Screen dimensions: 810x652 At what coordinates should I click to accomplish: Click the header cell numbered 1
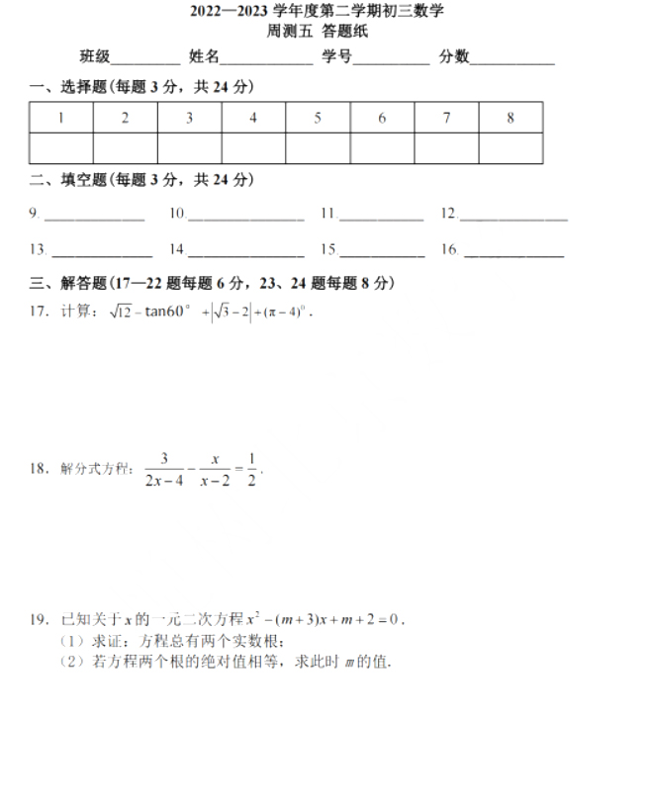click(61, 118)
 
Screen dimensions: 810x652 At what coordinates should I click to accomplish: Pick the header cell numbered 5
click(318, 118)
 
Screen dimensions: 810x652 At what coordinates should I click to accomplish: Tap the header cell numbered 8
click(511, 118)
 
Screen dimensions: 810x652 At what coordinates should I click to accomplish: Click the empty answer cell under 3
click(189, 148)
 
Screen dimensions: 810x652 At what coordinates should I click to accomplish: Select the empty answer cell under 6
click(382, 148)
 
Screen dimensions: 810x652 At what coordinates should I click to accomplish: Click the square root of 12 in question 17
click(121, 313)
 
